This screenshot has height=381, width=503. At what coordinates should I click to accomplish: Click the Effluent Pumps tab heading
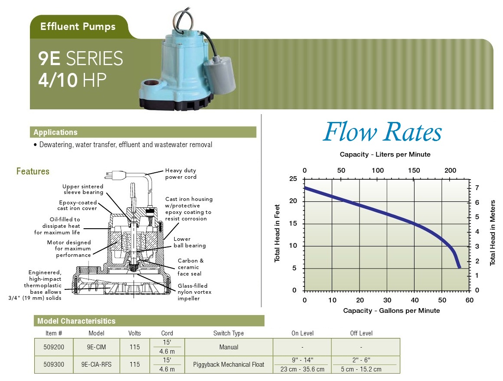[78, 26]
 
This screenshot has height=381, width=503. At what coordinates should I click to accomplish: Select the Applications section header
[56, 132]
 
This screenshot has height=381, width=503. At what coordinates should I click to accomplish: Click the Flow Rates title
[382, 131]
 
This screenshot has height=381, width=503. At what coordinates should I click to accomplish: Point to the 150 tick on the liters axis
[414, 170]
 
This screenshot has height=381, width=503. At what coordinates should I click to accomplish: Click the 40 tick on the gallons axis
[415, 300]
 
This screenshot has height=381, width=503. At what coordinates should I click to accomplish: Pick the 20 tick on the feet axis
[293, 201]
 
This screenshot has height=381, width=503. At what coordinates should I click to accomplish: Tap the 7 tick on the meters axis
[477, 187]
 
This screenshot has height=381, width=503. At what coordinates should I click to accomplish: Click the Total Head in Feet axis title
[277, 233]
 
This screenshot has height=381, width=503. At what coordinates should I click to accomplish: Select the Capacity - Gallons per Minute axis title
[392, 310]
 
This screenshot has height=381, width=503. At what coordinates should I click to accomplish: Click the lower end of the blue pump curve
[459, 267]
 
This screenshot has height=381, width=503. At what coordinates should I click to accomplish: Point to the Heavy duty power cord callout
[181, 174]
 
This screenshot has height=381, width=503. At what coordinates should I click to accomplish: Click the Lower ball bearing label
[189, 242]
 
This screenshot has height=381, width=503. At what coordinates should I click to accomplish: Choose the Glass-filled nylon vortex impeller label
[194, 292]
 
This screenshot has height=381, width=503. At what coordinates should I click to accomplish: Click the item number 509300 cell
[54, 365]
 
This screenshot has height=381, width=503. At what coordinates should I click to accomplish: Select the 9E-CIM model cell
[96, 347]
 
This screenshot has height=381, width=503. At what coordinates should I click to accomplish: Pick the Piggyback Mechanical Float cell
[229, 365]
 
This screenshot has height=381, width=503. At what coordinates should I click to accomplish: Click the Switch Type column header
[229, 333]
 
